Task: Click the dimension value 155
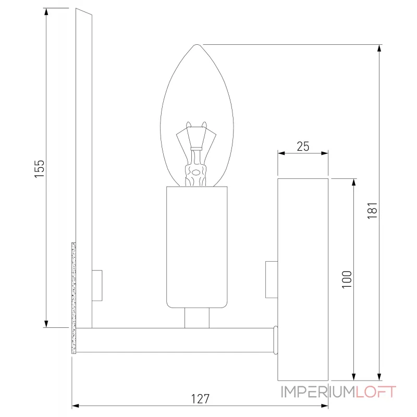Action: (x=40, y=168)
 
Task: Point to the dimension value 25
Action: (x=303, y=146)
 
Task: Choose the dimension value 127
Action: (x=200, y=399)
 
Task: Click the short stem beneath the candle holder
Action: (x=197, y=317)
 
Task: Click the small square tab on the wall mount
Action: (x=271, y=279)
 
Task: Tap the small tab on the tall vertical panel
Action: (x=97, y=285)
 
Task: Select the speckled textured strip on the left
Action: (x=73, y=297)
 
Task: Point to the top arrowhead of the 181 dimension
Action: (x=379, y=48)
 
